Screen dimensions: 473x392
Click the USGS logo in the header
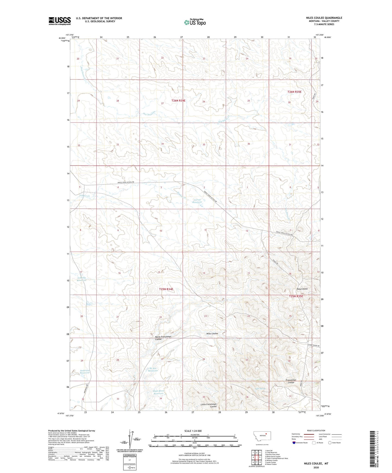point(60,21)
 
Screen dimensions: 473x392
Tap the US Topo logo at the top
point(195,22)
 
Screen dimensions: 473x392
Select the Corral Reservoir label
point(197,201)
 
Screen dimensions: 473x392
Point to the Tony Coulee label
point(302,289)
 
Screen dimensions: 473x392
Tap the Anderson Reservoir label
point(84,372)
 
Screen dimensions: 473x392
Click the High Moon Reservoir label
point(158,392)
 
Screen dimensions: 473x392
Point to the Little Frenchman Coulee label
point(209,405)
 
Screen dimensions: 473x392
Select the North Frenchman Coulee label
point(163,338)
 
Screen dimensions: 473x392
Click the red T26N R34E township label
point(179,101)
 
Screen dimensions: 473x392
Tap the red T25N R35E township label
point(296,296)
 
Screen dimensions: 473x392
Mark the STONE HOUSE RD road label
point(314,345)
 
